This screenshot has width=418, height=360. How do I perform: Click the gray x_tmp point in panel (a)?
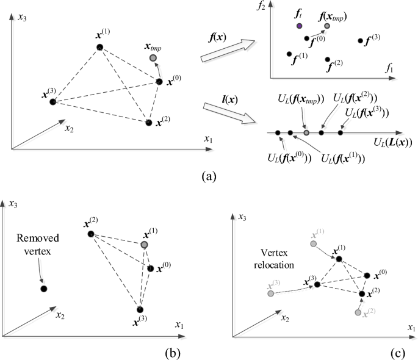[x=153, y=58]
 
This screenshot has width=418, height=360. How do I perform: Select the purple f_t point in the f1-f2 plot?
[x=299, y=26]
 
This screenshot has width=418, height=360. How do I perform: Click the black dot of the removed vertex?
[x=43, y=289]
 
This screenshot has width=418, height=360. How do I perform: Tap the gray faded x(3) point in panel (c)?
[x=270, y=294]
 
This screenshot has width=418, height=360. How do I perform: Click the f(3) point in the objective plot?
[x=360, y=41]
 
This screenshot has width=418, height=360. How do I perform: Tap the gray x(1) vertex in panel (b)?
[x=144, y=245]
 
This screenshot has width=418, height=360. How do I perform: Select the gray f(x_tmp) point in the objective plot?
[x=327, y=26]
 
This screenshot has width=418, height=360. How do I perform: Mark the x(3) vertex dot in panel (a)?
[x=53, y=101]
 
